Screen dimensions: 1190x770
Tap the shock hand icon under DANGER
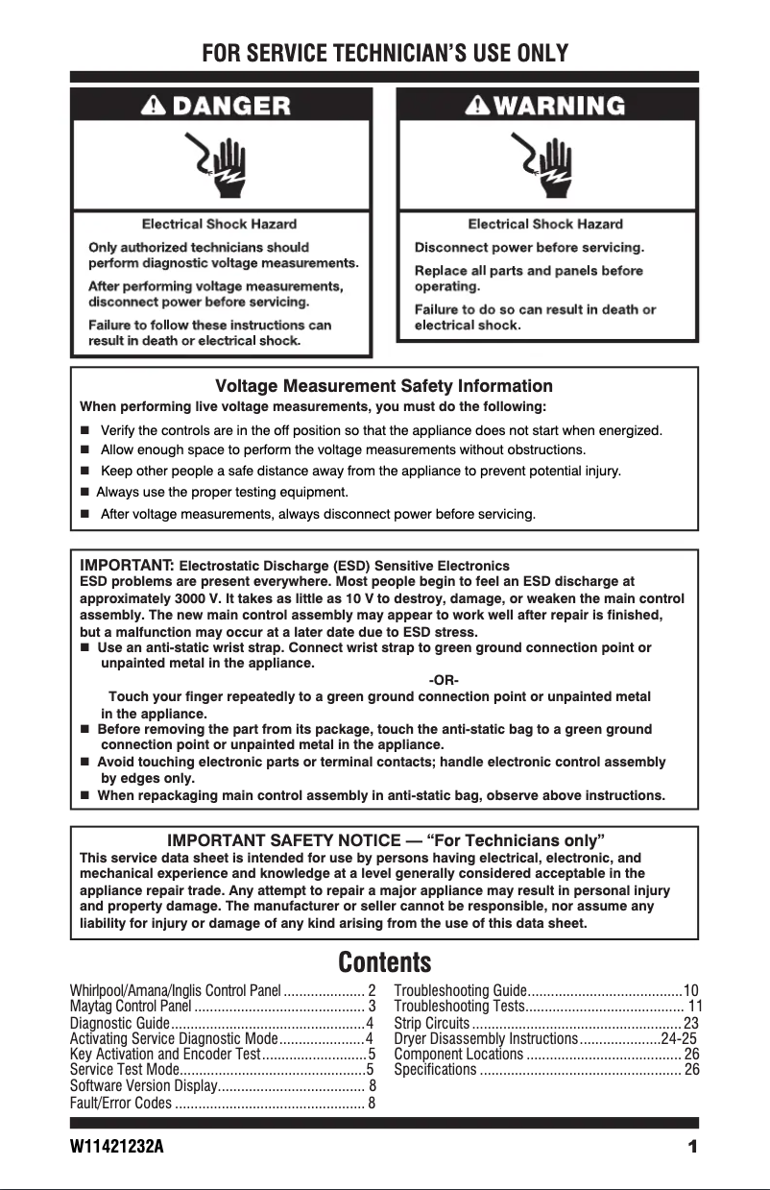220,165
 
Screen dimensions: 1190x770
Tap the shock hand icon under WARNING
546,165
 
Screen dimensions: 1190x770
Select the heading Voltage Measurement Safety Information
384,386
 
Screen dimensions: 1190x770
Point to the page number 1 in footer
691,1147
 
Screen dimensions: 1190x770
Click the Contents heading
384,961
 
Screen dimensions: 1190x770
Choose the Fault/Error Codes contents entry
121,1102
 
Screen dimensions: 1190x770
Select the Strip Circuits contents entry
432,1023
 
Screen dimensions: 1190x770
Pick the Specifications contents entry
436,1069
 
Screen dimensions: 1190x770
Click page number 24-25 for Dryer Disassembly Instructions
679,1038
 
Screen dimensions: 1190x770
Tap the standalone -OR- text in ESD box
443,680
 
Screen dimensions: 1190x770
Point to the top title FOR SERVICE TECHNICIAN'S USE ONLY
384,53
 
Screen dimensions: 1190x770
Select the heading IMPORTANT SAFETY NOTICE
384,842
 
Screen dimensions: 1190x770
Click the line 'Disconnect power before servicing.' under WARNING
529,247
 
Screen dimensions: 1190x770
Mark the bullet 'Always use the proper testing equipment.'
222,493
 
